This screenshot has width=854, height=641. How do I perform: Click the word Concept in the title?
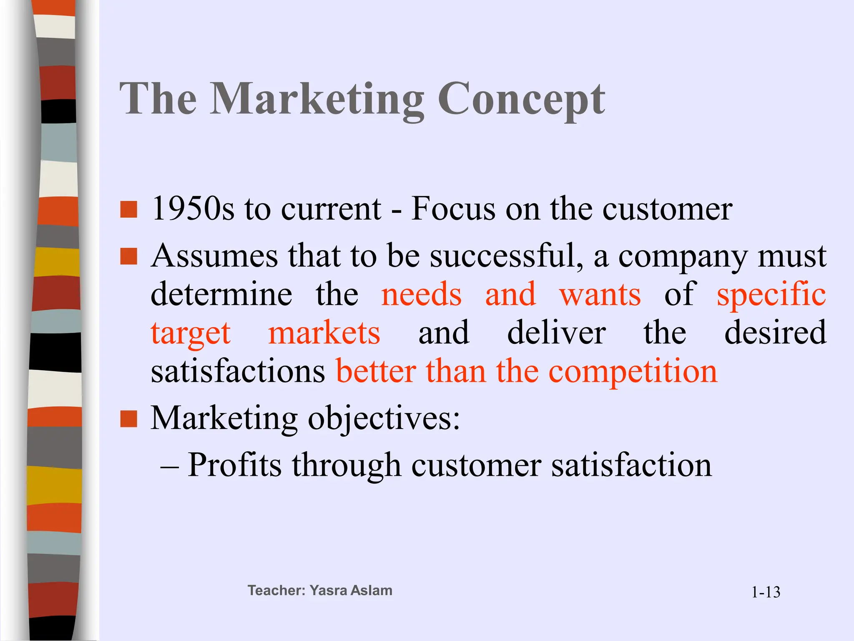[521, 100]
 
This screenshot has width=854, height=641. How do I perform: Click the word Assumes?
[214, 255]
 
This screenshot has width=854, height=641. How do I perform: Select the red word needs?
[421, 294]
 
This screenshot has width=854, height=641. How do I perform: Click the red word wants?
[600, 294]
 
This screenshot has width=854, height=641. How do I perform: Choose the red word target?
[191, 333]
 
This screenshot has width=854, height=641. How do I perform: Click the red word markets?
[324, 333]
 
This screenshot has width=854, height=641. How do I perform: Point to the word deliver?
[556, 333]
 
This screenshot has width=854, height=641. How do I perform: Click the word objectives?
[384, 419]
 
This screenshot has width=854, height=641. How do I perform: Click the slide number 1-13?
[766, 592]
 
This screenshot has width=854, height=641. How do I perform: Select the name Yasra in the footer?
[328, 591]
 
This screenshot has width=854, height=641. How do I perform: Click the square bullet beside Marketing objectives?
[128, 419]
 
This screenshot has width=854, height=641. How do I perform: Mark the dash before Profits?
[169, 466]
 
